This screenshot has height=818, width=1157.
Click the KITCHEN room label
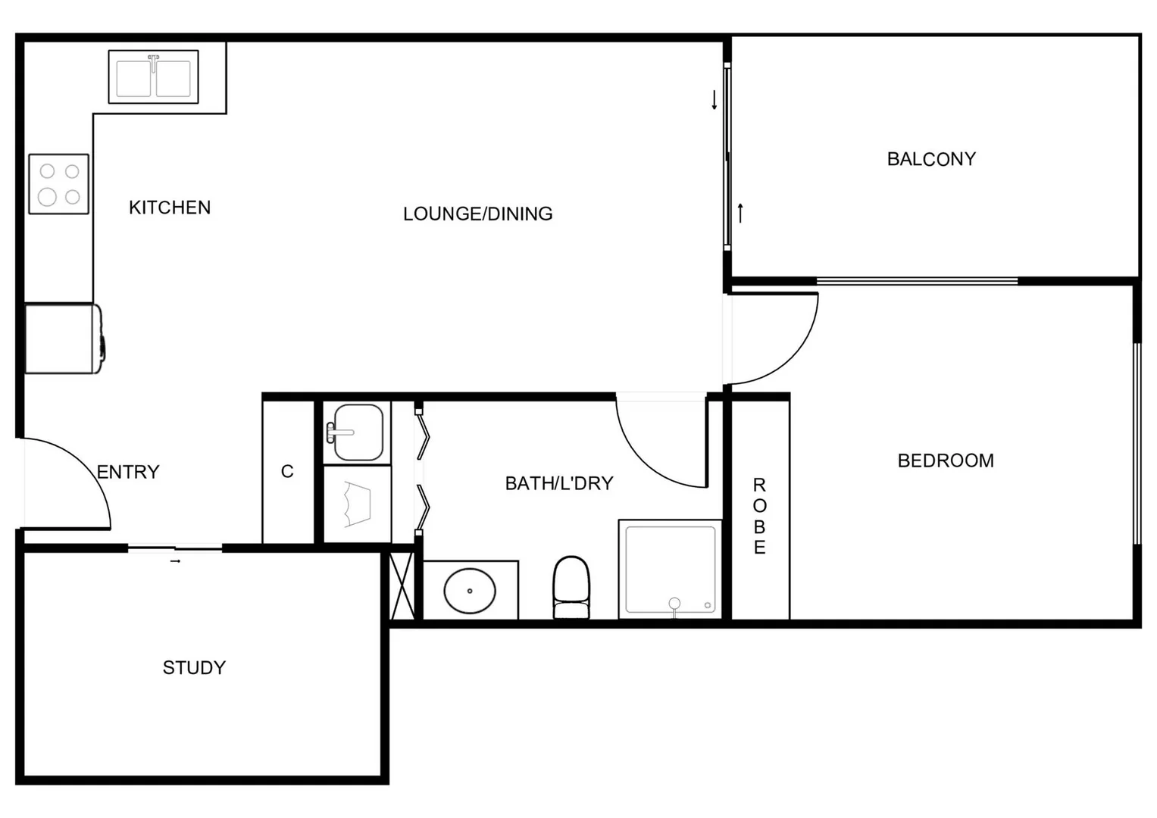[170, 208]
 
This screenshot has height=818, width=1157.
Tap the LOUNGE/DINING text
[477, 214]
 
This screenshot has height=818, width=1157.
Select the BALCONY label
[931, 159]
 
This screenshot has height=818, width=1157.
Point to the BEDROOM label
[946, 461]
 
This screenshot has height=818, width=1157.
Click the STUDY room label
[194, 667]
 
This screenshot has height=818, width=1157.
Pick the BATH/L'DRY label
[558, 483]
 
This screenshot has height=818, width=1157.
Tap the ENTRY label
[128, 472]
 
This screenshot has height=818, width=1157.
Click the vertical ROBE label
[759, 516]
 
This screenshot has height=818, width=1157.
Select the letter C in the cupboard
[287, 471]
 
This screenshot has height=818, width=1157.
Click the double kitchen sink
[153, 77]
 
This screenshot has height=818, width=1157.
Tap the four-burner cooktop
[59, 184]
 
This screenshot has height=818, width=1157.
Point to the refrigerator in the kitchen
[63, 339]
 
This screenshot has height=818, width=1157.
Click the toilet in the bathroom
[571, 588]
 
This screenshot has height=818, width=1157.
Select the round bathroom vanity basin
[470, 591]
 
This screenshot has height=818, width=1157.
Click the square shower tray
[670, 570]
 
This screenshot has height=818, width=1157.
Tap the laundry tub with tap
[357, 432]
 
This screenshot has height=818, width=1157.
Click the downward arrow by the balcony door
[714, 100]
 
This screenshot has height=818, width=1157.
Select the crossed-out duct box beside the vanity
[402, 585]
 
